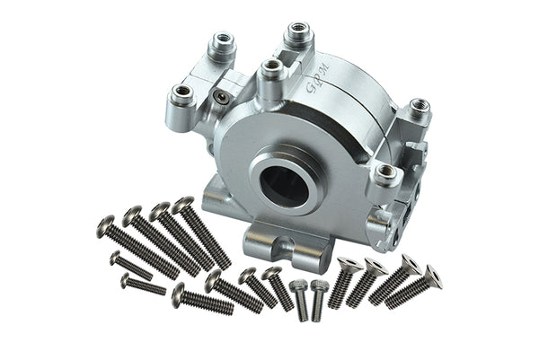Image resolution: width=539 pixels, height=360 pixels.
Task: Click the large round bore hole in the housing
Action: pyautogui.click(x=286, y=180)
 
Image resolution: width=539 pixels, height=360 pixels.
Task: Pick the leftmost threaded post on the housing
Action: pyautogui.click(x=183, y=92)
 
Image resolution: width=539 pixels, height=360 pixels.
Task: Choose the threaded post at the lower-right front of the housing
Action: pyautogui.click(x=384, y=171)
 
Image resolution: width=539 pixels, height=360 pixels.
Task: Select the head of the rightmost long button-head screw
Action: pyautogui.click(x=183, y=206)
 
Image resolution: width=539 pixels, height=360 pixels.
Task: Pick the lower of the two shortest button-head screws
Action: pyautogui.click(x=126, y=280)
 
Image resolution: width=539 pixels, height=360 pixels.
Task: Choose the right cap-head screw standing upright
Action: pyautogui.click(x=319, y=287)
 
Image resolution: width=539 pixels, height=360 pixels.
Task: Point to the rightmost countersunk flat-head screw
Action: pyautogui.click(x=433, y=272)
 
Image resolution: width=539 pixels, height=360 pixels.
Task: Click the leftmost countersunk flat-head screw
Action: pyautogui.click(x=349, y=265)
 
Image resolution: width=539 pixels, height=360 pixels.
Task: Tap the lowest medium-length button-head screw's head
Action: pyautogui.click(x=179, y=291)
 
